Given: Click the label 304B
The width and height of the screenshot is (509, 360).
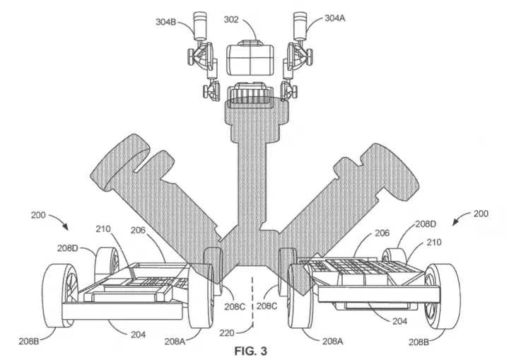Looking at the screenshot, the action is click(165, 22).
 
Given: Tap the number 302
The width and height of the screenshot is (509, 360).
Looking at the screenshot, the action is click(231, 20).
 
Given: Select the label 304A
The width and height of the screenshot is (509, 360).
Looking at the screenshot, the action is click(334, 18).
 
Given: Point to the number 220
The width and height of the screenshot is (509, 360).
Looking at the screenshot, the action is click(227, 332).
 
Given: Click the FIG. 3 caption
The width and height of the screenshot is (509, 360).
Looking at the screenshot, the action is click(250, 351).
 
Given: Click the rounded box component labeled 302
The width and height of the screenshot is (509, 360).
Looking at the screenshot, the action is click(250, 58).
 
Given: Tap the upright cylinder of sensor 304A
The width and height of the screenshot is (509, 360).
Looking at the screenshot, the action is click(300, 25).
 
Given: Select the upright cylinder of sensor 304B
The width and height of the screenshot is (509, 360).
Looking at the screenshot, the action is click(200, 25).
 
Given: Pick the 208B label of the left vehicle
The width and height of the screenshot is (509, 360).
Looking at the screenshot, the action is click(28, 341).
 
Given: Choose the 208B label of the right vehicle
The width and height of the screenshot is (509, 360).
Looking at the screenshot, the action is click(419, 342).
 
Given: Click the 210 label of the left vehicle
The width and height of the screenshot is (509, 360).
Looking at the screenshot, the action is click(103, 228).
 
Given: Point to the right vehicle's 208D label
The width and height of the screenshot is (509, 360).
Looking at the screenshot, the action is click(426, 224).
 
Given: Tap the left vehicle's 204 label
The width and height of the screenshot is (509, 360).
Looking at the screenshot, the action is click(138, 335).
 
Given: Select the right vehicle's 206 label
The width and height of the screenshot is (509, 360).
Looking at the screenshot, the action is click(382, 233).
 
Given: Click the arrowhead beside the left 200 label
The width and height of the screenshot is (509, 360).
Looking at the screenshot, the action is click(66, 227).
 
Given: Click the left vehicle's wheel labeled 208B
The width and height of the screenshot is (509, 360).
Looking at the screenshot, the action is click(60, 296).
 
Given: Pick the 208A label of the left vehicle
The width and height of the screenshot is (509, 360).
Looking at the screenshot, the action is click(175, 341).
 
